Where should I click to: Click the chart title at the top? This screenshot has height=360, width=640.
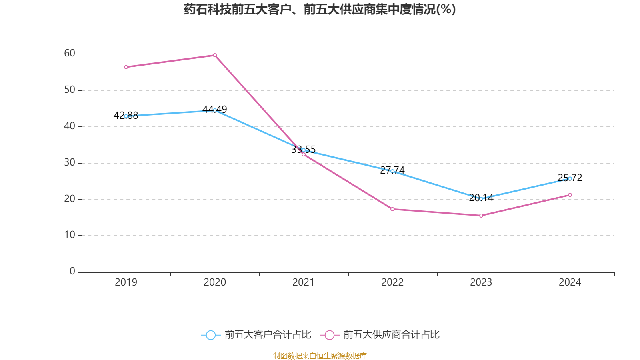(x=320, y=9)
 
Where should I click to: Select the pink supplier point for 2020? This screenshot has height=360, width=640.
(x=215, y=55)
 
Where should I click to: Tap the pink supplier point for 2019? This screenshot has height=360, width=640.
(x=126, y=67)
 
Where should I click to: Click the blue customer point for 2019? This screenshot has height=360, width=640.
(x=126, y=116)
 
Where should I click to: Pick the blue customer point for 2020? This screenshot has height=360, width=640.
(x=215, y=110)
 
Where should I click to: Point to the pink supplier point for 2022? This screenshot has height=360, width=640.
(x=392, y=209)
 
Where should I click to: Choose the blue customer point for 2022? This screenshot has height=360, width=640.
(x=392, y=171)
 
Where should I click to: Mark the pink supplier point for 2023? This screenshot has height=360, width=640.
(x=481, y=216)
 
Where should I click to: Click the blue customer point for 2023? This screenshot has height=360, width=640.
(x=481, y=198)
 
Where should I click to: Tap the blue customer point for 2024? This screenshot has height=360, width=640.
(x=570, y=178)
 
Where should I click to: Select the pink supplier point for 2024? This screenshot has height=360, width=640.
(x=570, y=195)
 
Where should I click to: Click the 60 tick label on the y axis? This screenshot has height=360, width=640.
(x=70, y=53)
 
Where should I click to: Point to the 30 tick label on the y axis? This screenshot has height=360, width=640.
(x=70, y=162)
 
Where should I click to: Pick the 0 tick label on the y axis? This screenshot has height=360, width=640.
(x=72, y=271)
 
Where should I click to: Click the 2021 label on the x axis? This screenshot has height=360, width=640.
(x=304, y=282)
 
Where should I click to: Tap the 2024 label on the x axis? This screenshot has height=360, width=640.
(x=570, y=282)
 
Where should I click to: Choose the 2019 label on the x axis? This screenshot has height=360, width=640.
(x=126, y=282)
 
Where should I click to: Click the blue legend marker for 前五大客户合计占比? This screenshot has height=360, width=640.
(x=211, y=335)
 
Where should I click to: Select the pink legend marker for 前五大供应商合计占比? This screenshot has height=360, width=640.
(x=330, y=335)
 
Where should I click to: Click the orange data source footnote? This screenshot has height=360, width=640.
(x=320, y=356)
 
